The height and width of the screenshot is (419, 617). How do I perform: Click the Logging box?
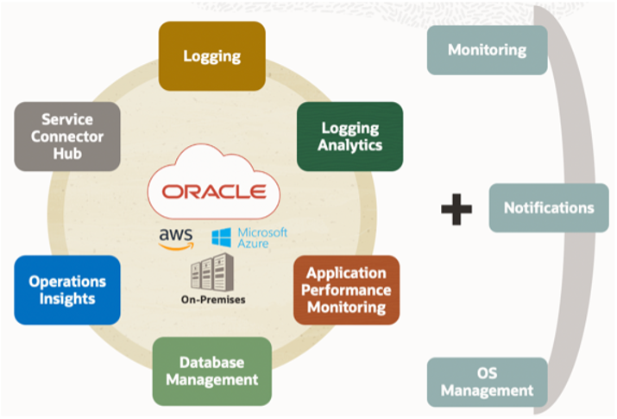tap(211, 56)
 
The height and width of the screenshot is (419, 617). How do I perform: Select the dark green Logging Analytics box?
tap(349, 136)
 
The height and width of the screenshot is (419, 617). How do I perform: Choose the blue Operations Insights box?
tap(67, 290)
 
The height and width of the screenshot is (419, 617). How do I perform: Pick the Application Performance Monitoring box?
tap(346, 290)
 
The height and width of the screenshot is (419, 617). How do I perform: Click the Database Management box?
tap(211, 371)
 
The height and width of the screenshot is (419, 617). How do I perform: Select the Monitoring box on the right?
tap(487, 49)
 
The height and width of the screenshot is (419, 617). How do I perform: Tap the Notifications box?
tap(549, 208)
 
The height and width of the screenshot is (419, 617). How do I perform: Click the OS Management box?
tap(487, 383)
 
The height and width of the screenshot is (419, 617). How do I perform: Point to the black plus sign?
tap(456, 210)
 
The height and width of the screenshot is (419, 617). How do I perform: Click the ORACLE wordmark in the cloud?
tap(213, 190)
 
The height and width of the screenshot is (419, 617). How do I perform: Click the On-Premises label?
tap(211, 301)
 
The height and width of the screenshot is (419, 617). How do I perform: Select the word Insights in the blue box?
tap(67, 299)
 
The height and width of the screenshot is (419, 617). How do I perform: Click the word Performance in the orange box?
tap(346, 290)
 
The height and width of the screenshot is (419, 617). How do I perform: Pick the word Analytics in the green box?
tap(349, 145)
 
